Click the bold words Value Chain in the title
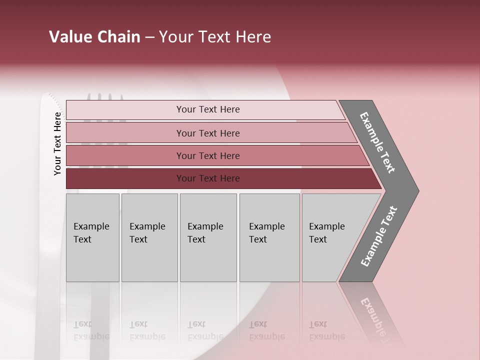(94, 37)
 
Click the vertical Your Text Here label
(57, 144)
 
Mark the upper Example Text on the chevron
(377, 142)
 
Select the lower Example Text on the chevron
(378, 236)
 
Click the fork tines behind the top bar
(105, 96)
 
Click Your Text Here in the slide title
(215, 37)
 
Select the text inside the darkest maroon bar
(208, 178)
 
